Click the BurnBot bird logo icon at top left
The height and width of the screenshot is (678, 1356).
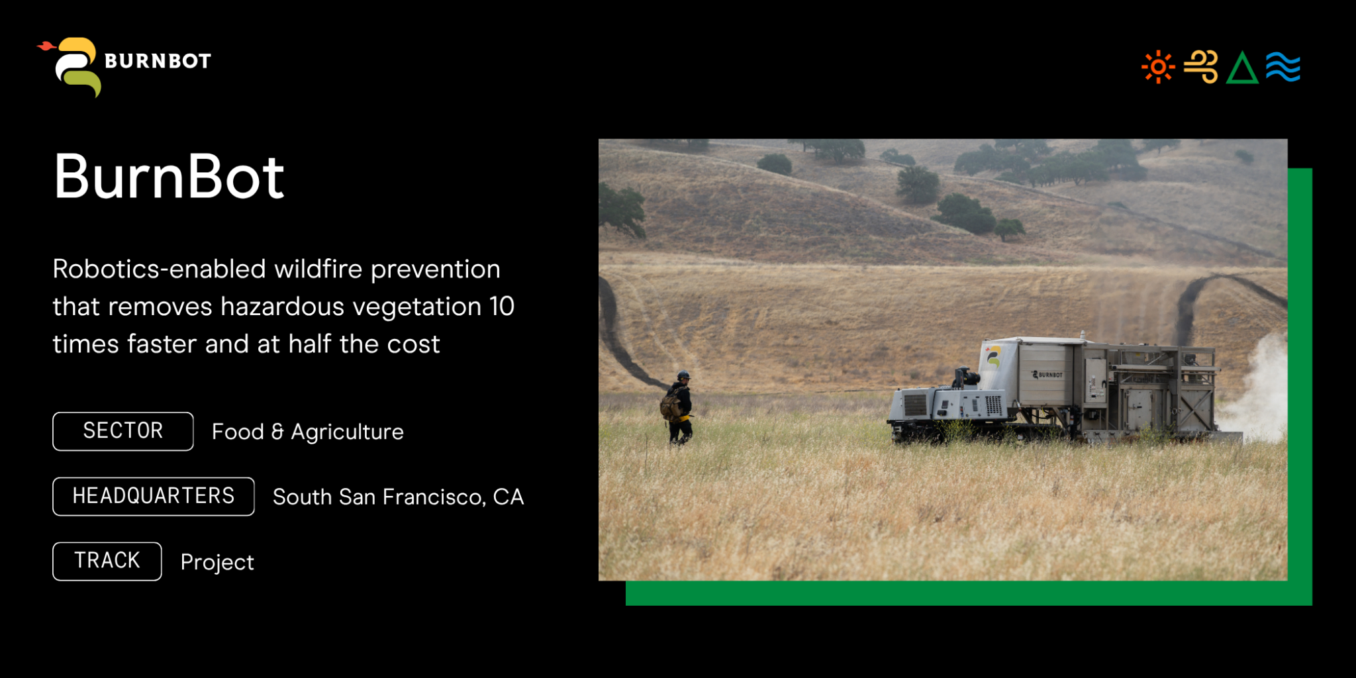(x=70, y=67)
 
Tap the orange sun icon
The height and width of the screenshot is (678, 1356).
(x=1158, y=67)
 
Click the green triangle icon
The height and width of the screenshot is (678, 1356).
(x=1242, y=68)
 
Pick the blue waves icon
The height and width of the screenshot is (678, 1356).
(x=1283, y=67)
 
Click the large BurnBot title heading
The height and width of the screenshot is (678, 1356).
(x=169, y=177)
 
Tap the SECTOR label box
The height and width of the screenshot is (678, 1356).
(x=123, y=431)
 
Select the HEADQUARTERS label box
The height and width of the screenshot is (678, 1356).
(x=154, y=496)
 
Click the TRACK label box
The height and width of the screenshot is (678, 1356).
(x=107, y=561)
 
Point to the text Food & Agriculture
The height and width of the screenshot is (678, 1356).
(x=308, y=432)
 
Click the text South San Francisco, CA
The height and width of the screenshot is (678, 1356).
(x=399, y=497)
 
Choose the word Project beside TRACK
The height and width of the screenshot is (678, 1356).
(x=217, y=562)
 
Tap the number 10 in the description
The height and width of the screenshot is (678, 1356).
(x=502, y=307)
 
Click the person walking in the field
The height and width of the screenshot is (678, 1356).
(x=677, y=407)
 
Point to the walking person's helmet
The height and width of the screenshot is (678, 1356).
(x=684, y=375)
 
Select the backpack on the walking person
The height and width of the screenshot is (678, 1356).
(x=671, y=405)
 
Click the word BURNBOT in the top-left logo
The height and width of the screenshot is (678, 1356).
(x=158, y=61)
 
